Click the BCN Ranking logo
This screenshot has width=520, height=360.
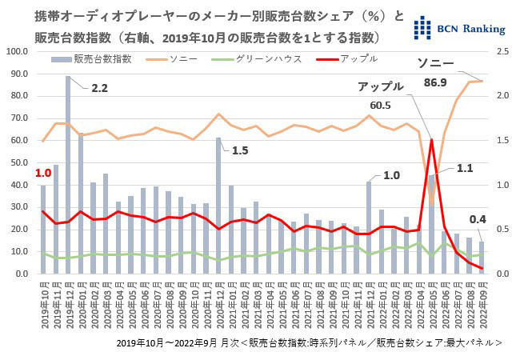(459, 27)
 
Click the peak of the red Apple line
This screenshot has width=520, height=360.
(432, 140)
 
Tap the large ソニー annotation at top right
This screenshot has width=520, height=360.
(439, 63)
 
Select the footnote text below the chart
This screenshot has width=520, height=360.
(309, 342)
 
